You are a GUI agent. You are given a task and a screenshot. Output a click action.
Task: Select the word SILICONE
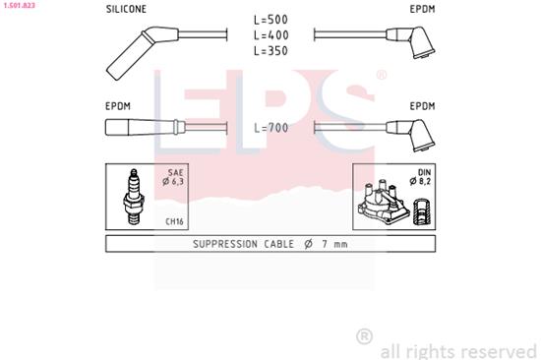pyautogui.click(x=126, y=11)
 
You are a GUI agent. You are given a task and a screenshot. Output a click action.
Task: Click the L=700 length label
pyautogui.click(x=270, y=128)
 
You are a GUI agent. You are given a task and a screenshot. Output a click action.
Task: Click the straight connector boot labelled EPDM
pyautogui.click(x=144, y=127)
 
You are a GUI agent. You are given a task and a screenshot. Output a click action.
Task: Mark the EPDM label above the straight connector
pyautogui.click(x=119, y=104)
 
